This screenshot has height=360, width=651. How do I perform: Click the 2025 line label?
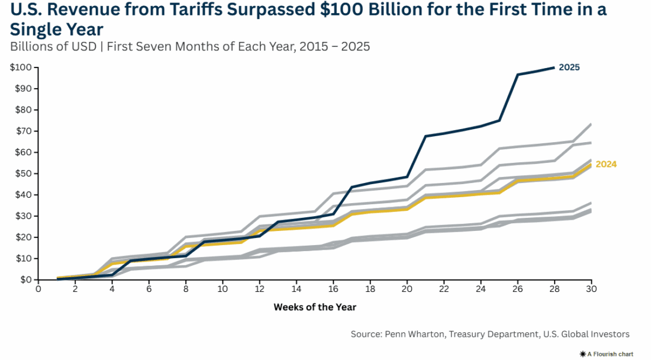[x=569, y=67]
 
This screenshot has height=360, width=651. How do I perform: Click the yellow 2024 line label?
[x=606, y=164]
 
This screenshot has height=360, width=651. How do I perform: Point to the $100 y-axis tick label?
[x=21, y=67]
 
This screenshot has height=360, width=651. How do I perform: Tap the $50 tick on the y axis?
[x=22, y=173]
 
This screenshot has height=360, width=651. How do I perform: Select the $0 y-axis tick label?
[x=24, y=279]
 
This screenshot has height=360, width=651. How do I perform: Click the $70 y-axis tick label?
[x=22, y=131]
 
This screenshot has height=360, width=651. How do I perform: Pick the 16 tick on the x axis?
[x=333, y=288]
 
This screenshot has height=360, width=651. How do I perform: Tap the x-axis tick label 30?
[x=591, y=288]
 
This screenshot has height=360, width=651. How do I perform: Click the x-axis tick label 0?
[x=38, y=288]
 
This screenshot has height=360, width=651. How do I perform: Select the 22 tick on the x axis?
[x=443, y=288]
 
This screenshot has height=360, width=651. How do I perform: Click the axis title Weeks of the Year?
[x=314, y=307]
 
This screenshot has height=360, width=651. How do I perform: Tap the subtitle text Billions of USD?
[x=53, y=47]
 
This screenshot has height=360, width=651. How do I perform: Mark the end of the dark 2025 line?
[x=554, y=67]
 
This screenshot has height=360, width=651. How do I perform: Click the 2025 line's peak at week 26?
[x=518, y=75]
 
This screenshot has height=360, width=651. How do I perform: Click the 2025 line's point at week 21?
[x=426, y=136]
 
